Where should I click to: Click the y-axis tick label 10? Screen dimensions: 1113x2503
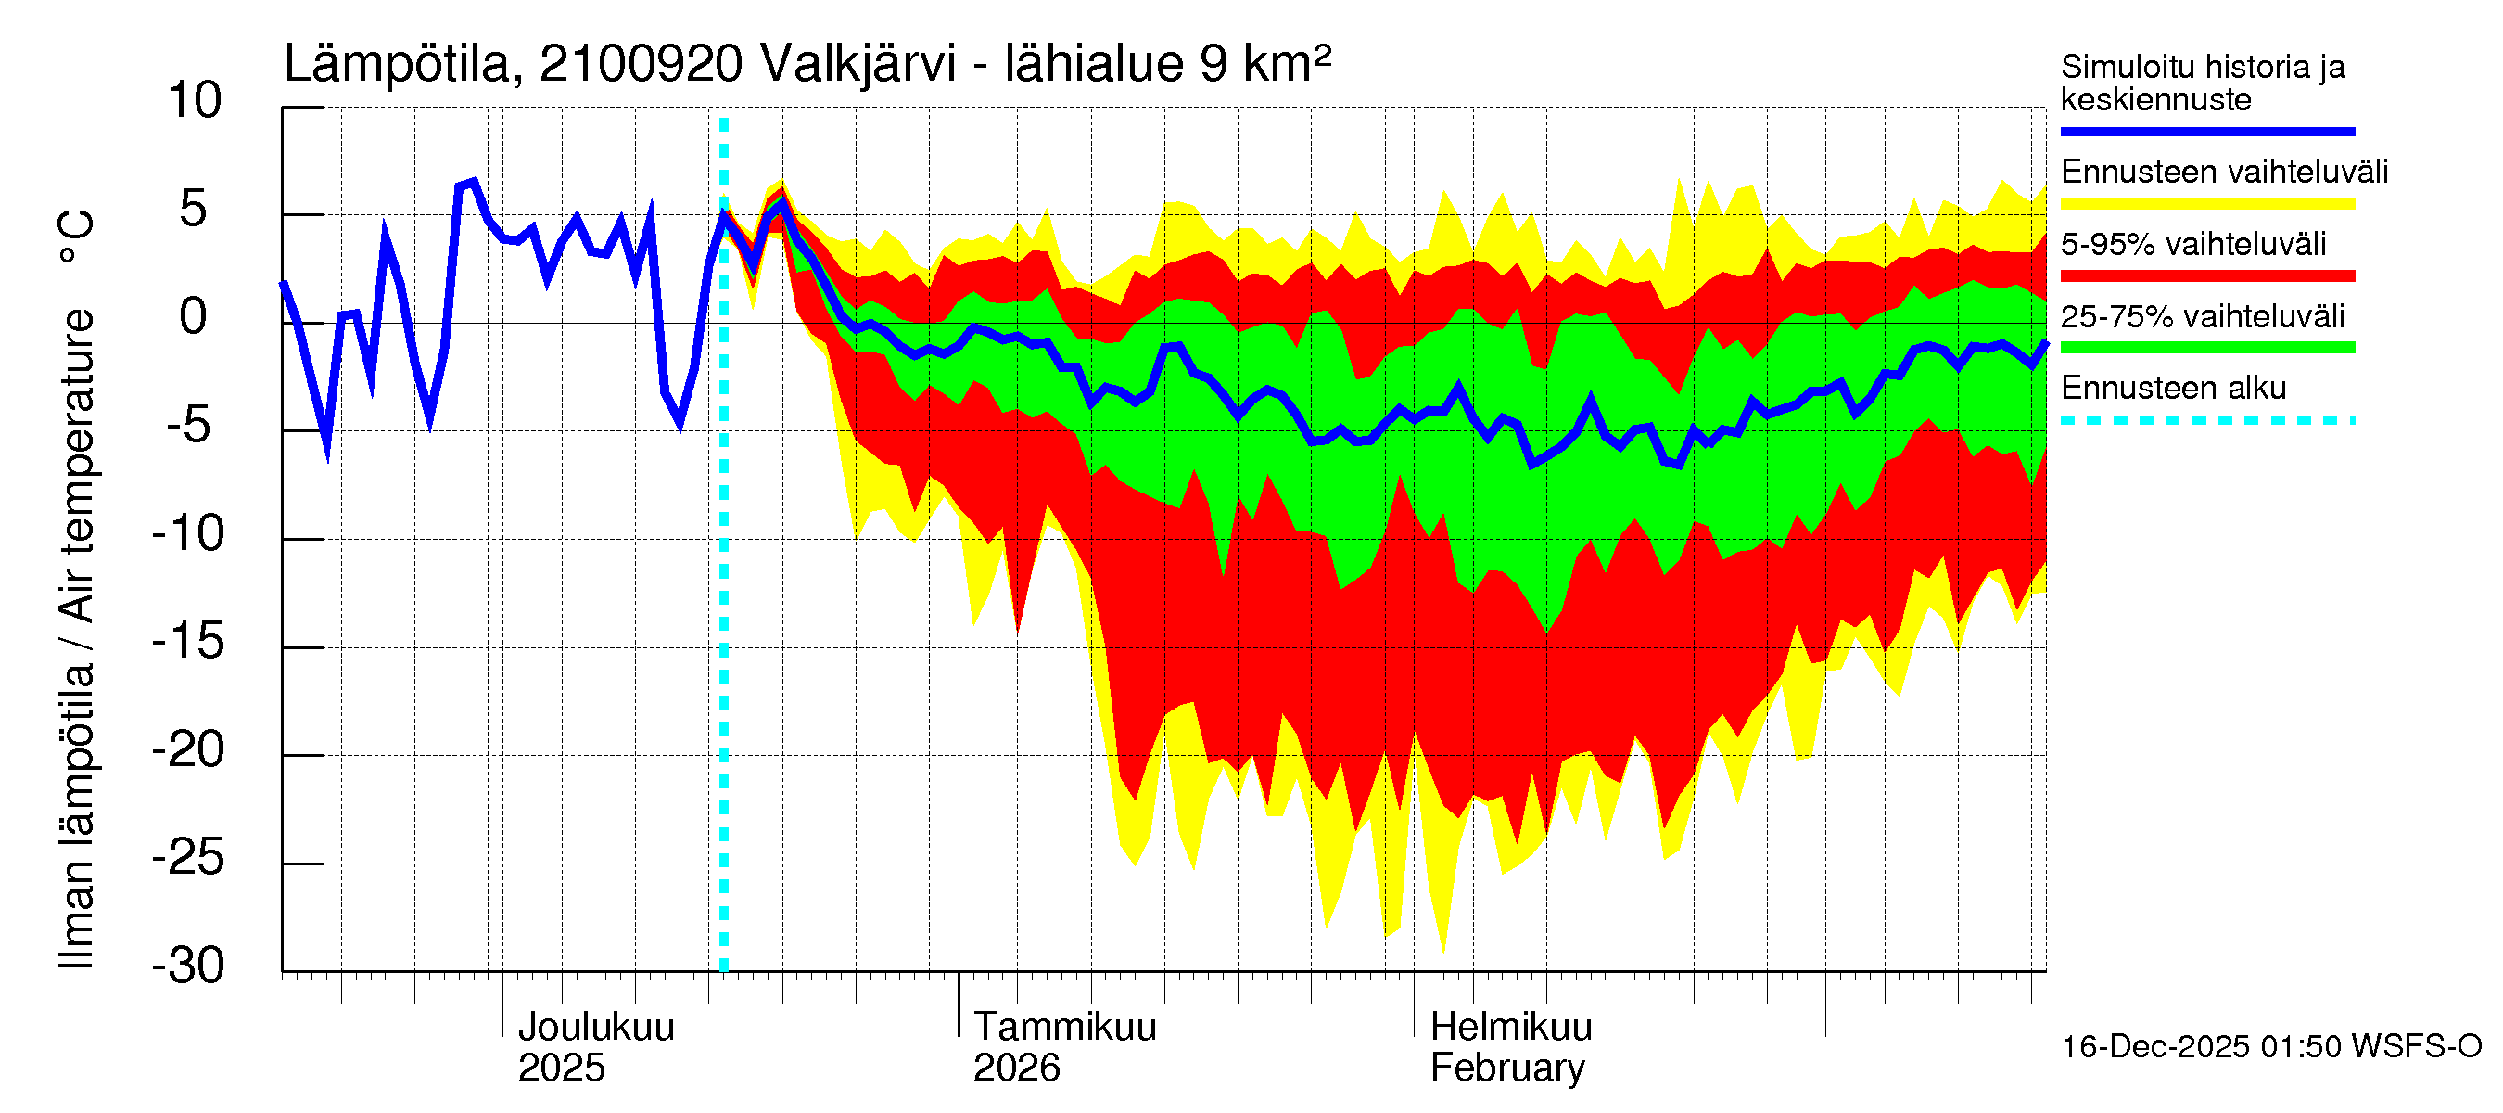click(195, 101)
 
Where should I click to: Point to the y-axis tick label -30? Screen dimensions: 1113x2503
click(188, 966)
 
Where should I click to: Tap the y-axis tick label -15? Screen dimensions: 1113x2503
click(188, 642)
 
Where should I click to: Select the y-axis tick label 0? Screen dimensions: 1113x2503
click(194, 317)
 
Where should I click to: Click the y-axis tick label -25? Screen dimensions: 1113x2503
click(188, 858)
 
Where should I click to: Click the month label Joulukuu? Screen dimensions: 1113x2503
click(596, 1028)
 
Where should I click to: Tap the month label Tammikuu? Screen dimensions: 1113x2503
click(1065, 1028)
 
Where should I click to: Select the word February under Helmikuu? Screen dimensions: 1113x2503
click(1507, 1068)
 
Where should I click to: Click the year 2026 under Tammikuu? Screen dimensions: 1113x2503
click(1016, 1068)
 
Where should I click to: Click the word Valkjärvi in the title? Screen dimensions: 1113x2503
click(858, 64)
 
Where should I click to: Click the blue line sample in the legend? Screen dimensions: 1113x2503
click(2206, 131)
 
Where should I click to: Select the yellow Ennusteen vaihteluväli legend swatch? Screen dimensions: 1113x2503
click(2206, 204)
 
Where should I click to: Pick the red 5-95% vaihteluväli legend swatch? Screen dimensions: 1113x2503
click(2206, 276)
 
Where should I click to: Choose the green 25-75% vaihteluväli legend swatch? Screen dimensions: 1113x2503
click(2206, 348)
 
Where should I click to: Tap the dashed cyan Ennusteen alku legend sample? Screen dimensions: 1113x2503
click(2206, 421)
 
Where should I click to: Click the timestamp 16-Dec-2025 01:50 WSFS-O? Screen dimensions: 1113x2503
click(2270, 1047)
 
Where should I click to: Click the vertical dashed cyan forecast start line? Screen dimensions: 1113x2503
click(724, 583)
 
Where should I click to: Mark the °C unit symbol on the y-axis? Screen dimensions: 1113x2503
click(76, 237)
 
